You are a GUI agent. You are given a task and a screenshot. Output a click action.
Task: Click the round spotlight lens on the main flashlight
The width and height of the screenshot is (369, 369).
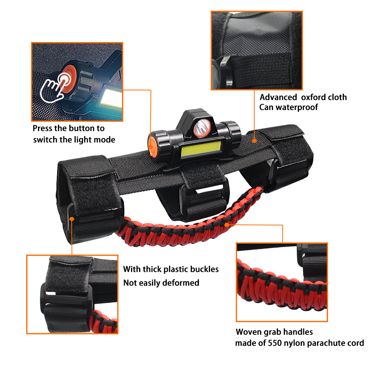(x=202, y=128)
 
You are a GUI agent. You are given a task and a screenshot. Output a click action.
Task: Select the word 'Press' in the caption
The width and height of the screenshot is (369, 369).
(x=42, y=128)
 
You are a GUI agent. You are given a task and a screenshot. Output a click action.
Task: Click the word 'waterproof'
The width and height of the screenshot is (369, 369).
(x=297, y=107)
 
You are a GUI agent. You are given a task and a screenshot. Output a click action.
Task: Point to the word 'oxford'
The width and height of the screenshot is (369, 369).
(x=311, y=97)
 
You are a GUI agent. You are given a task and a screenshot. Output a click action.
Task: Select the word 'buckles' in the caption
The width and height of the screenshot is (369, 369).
(x=204, y=269)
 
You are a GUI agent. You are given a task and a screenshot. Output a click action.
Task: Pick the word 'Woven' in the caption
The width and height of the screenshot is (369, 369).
(x=248, y=332)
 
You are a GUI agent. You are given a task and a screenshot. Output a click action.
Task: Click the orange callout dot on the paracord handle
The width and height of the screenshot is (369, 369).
(x=227, y=225)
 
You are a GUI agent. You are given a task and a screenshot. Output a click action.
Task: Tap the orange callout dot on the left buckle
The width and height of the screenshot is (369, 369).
(x=72, y=219)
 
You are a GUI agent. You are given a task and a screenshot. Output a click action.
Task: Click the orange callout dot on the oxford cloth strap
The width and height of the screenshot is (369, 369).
(x=254, y=141)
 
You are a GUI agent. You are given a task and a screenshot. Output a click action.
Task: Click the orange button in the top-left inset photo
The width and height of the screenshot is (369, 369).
(x=68, y=79)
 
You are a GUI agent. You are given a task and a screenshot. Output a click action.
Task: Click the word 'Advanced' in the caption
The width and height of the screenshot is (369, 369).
(x=278, y=97)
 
